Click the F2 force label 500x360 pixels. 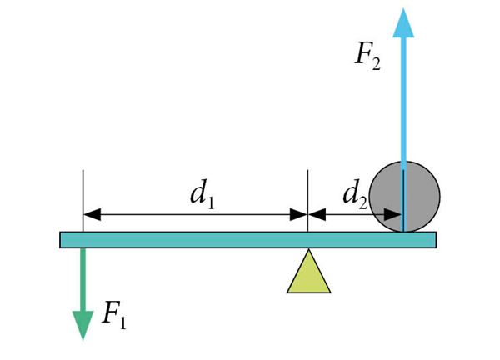click(367, 58)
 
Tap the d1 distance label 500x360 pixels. click(202, 193)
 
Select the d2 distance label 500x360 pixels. click(355, 193)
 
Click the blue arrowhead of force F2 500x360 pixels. click(403, 23)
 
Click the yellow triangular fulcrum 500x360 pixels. click(308, 272)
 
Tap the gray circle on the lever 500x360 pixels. click(404, 197)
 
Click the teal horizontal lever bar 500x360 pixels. click(247, 240)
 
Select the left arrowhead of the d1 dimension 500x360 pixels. click(92, 214)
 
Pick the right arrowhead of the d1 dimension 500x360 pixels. click(299, 214)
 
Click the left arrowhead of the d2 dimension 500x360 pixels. click(317, 214)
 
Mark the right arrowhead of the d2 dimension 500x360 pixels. click(392, 214)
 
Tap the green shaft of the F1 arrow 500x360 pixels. click(82, 280)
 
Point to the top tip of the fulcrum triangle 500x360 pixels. click(308, 249)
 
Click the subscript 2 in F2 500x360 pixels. click(376, 64)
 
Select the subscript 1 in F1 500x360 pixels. click(122, 322)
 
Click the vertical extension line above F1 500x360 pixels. click(82, 201)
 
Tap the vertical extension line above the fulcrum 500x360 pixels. click(307, 201)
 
